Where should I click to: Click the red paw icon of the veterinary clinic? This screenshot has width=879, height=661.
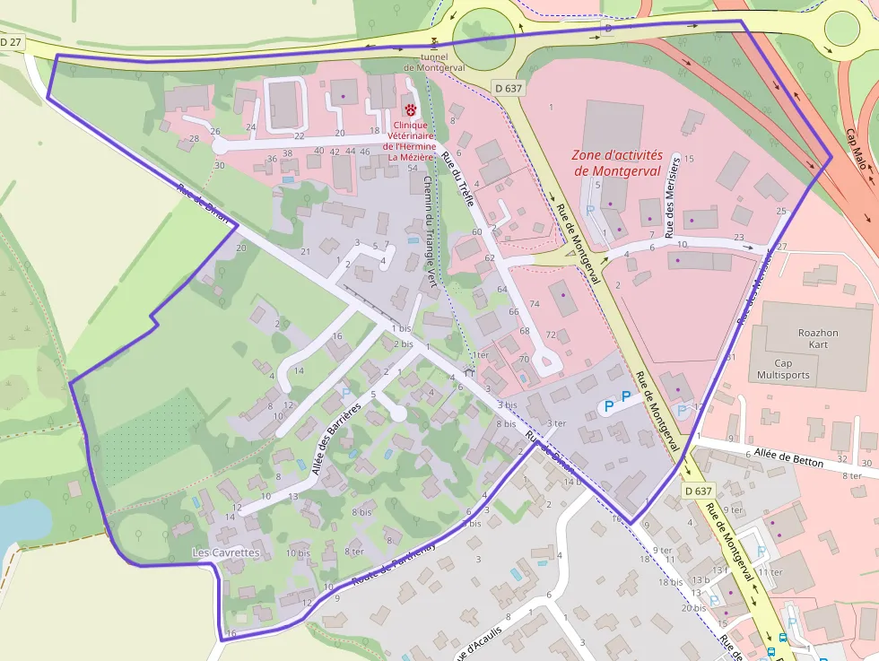coord(410,110)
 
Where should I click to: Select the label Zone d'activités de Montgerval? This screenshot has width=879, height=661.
coord(616,162)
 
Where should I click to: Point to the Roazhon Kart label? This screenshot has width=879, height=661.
coord(817,338)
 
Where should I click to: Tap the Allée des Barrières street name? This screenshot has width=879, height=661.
coord(335,439)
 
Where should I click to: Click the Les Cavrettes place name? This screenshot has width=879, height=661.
coord(226,553)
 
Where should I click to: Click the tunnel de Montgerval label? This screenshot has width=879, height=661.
coord(433,61)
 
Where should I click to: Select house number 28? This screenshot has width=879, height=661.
coord(194,139)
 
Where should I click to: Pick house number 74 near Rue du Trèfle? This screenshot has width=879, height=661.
coord(535,305)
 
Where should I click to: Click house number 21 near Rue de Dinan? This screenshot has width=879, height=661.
coord(305,251)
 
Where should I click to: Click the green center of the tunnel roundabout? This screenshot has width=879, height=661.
coord(485,39)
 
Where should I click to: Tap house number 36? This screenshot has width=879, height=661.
coord(272,159)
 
